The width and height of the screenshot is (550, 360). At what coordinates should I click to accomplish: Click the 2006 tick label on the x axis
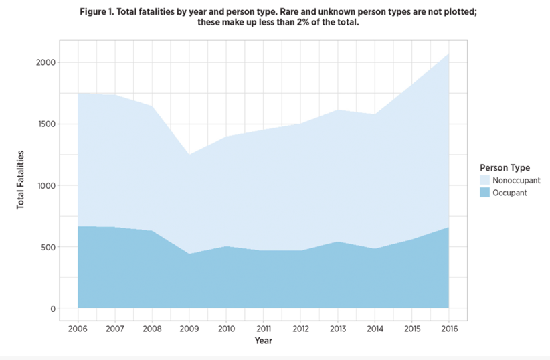(78, 328)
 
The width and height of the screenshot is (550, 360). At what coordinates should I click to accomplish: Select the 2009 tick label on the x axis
(189, 328)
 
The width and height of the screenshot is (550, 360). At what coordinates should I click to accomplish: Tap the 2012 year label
(300, 328)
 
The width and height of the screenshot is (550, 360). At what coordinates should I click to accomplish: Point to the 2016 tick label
(448, 328)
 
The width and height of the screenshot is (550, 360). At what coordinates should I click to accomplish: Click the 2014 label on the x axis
(374, 328)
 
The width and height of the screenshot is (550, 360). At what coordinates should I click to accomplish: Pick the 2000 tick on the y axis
(45, 62)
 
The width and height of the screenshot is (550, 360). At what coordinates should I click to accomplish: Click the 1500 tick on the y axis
(45, 124)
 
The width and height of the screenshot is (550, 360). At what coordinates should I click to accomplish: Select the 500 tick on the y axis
(48, 247)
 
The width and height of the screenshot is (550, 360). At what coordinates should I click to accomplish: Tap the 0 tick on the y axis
(52, 308)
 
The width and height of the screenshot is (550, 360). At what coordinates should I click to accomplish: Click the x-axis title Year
(263, 341)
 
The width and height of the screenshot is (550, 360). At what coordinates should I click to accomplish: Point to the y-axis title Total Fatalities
(21, 179)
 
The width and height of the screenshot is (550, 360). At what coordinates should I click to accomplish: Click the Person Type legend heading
(505, 168)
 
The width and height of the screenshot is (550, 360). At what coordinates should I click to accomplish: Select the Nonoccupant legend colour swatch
(485, 181)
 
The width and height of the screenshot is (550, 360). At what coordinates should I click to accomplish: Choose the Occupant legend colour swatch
(485, 193)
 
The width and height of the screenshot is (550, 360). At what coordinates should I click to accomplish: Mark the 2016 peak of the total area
(448, 53)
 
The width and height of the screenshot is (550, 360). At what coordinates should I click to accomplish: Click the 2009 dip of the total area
(189, 155)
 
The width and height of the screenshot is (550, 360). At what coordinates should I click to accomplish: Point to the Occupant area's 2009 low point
(189, 254)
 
